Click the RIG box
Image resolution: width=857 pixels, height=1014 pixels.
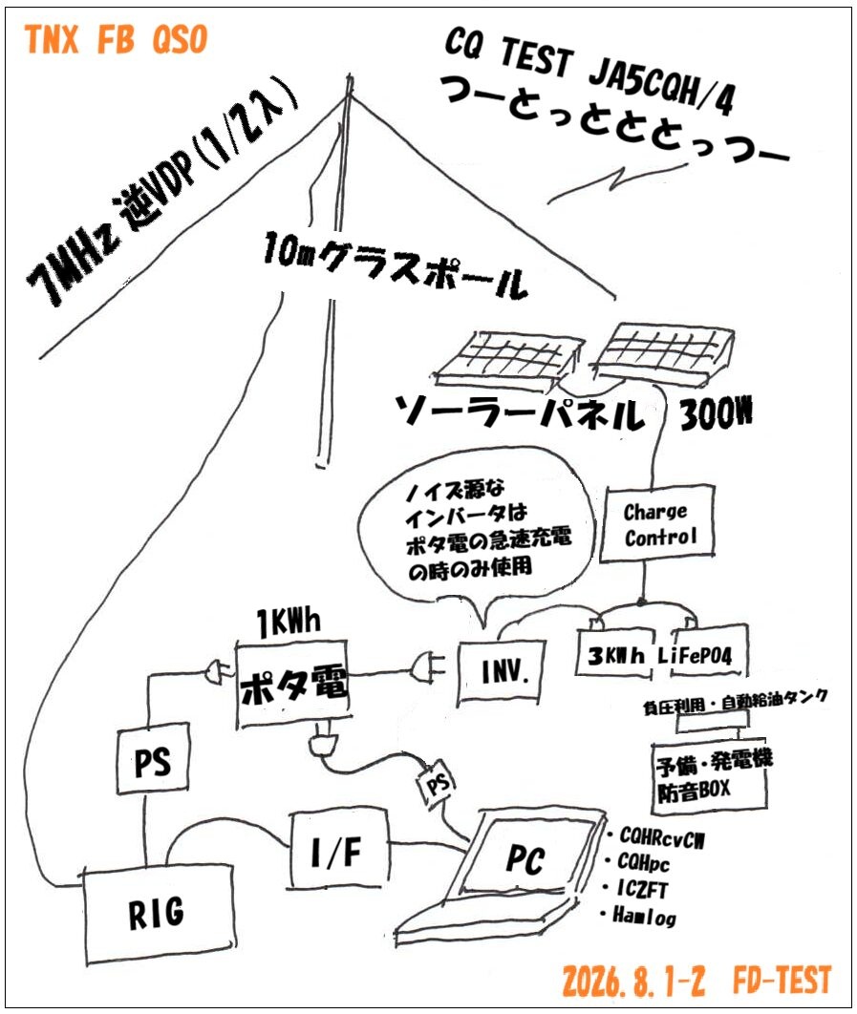point(159,913)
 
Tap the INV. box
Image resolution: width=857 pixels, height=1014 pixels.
point(502,672)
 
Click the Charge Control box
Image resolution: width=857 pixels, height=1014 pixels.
point(657,524)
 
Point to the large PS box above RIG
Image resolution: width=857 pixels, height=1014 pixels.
point(153,758)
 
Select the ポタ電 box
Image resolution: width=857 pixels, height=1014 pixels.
point(294,685)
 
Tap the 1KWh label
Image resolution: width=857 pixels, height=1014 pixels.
point(288,623)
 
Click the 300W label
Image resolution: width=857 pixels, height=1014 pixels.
point(717,413)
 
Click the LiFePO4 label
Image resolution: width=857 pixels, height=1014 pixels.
point(696,656)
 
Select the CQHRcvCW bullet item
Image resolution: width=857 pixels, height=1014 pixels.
point(655,837)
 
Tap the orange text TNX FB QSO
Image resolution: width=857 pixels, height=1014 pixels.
point(117,39)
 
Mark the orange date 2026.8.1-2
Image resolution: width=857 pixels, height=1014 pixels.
point(633,981)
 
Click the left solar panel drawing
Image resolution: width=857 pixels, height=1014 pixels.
point(508,356)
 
